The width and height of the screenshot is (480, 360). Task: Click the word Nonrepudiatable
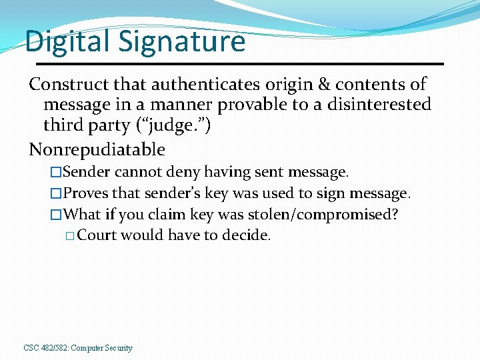pyautogui.click(x=97, y=149)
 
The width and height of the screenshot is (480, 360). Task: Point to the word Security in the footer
pyautogui.click(x=118, y=348)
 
